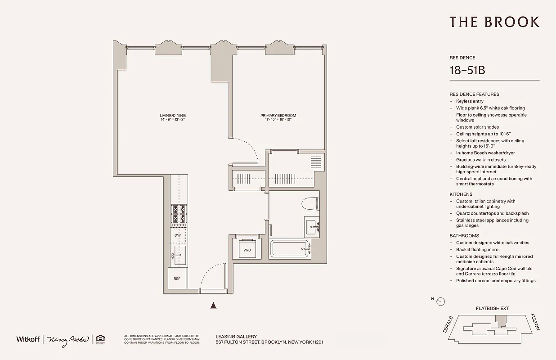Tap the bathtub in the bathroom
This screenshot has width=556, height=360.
click(290, 248)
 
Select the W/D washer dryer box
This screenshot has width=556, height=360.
click(247, 249)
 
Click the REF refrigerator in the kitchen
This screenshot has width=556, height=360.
click(177, 279)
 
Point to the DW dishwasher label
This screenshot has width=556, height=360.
click(177, 235)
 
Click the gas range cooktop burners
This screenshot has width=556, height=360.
click(178, 214)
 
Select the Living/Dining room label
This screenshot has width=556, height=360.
click(172, 117)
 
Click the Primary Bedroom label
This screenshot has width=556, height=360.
click(278, 117)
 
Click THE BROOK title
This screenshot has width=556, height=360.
click(494, 22)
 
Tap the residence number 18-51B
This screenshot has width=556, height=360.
click(467, 70)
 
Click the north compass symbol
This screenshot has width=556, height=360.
click(441, 301)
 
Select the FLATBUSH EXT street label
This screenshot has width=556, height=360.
click(492, 309)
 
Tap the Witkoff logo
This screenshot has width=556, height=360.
click(28, 339)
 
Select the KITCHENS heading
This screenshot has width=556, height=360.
click(461, 194)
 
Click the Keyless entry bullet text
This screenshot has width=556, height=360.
click(470, 101)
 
